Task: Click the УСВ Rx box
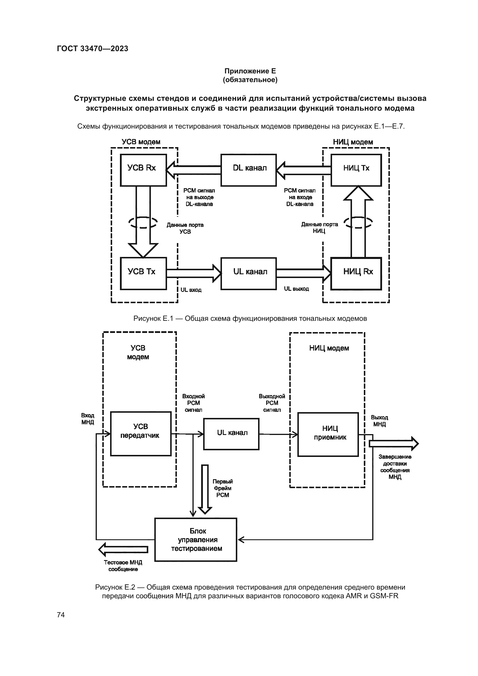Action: pos(143,170)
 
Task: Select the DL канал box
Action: pos(249,170)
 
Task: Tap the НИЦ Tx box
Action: pos(356,170)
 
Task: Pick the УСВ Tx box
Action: pos(143,273)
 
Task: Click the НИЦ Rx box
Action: pos(356,273)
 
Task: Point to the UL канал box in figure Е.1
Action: pos(249,273)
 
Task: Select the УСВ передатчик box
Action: pos(141,434)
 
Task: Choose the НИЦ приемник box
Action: pos(328,434)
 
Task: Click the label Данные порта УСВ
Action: pos(185,228)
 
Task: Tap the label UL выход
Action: pos(297,289)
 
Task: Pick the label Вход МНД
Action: pos(88,419)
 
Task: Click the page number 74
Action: pos(61,615)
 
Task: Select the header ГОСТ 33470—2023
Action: pos(92,49)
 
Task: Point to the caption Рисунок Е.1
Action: pos(250,318)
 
